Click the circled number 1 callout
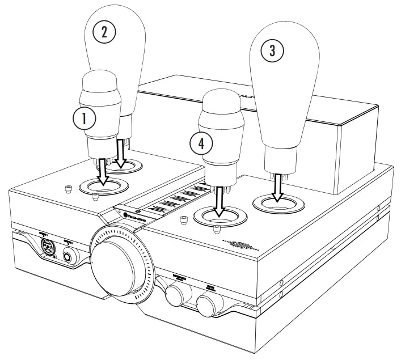click(83, 118)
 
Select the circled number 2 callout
click(104, 32)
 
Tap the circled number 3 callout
click(272, 50)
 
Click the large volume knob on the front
click(120, 263)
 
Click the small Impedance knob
click(177, 295)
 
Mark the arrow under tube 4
click(219, 201)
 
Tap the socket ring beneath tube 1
click(104, 185)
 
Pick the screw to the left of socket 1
click(69, 188)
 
